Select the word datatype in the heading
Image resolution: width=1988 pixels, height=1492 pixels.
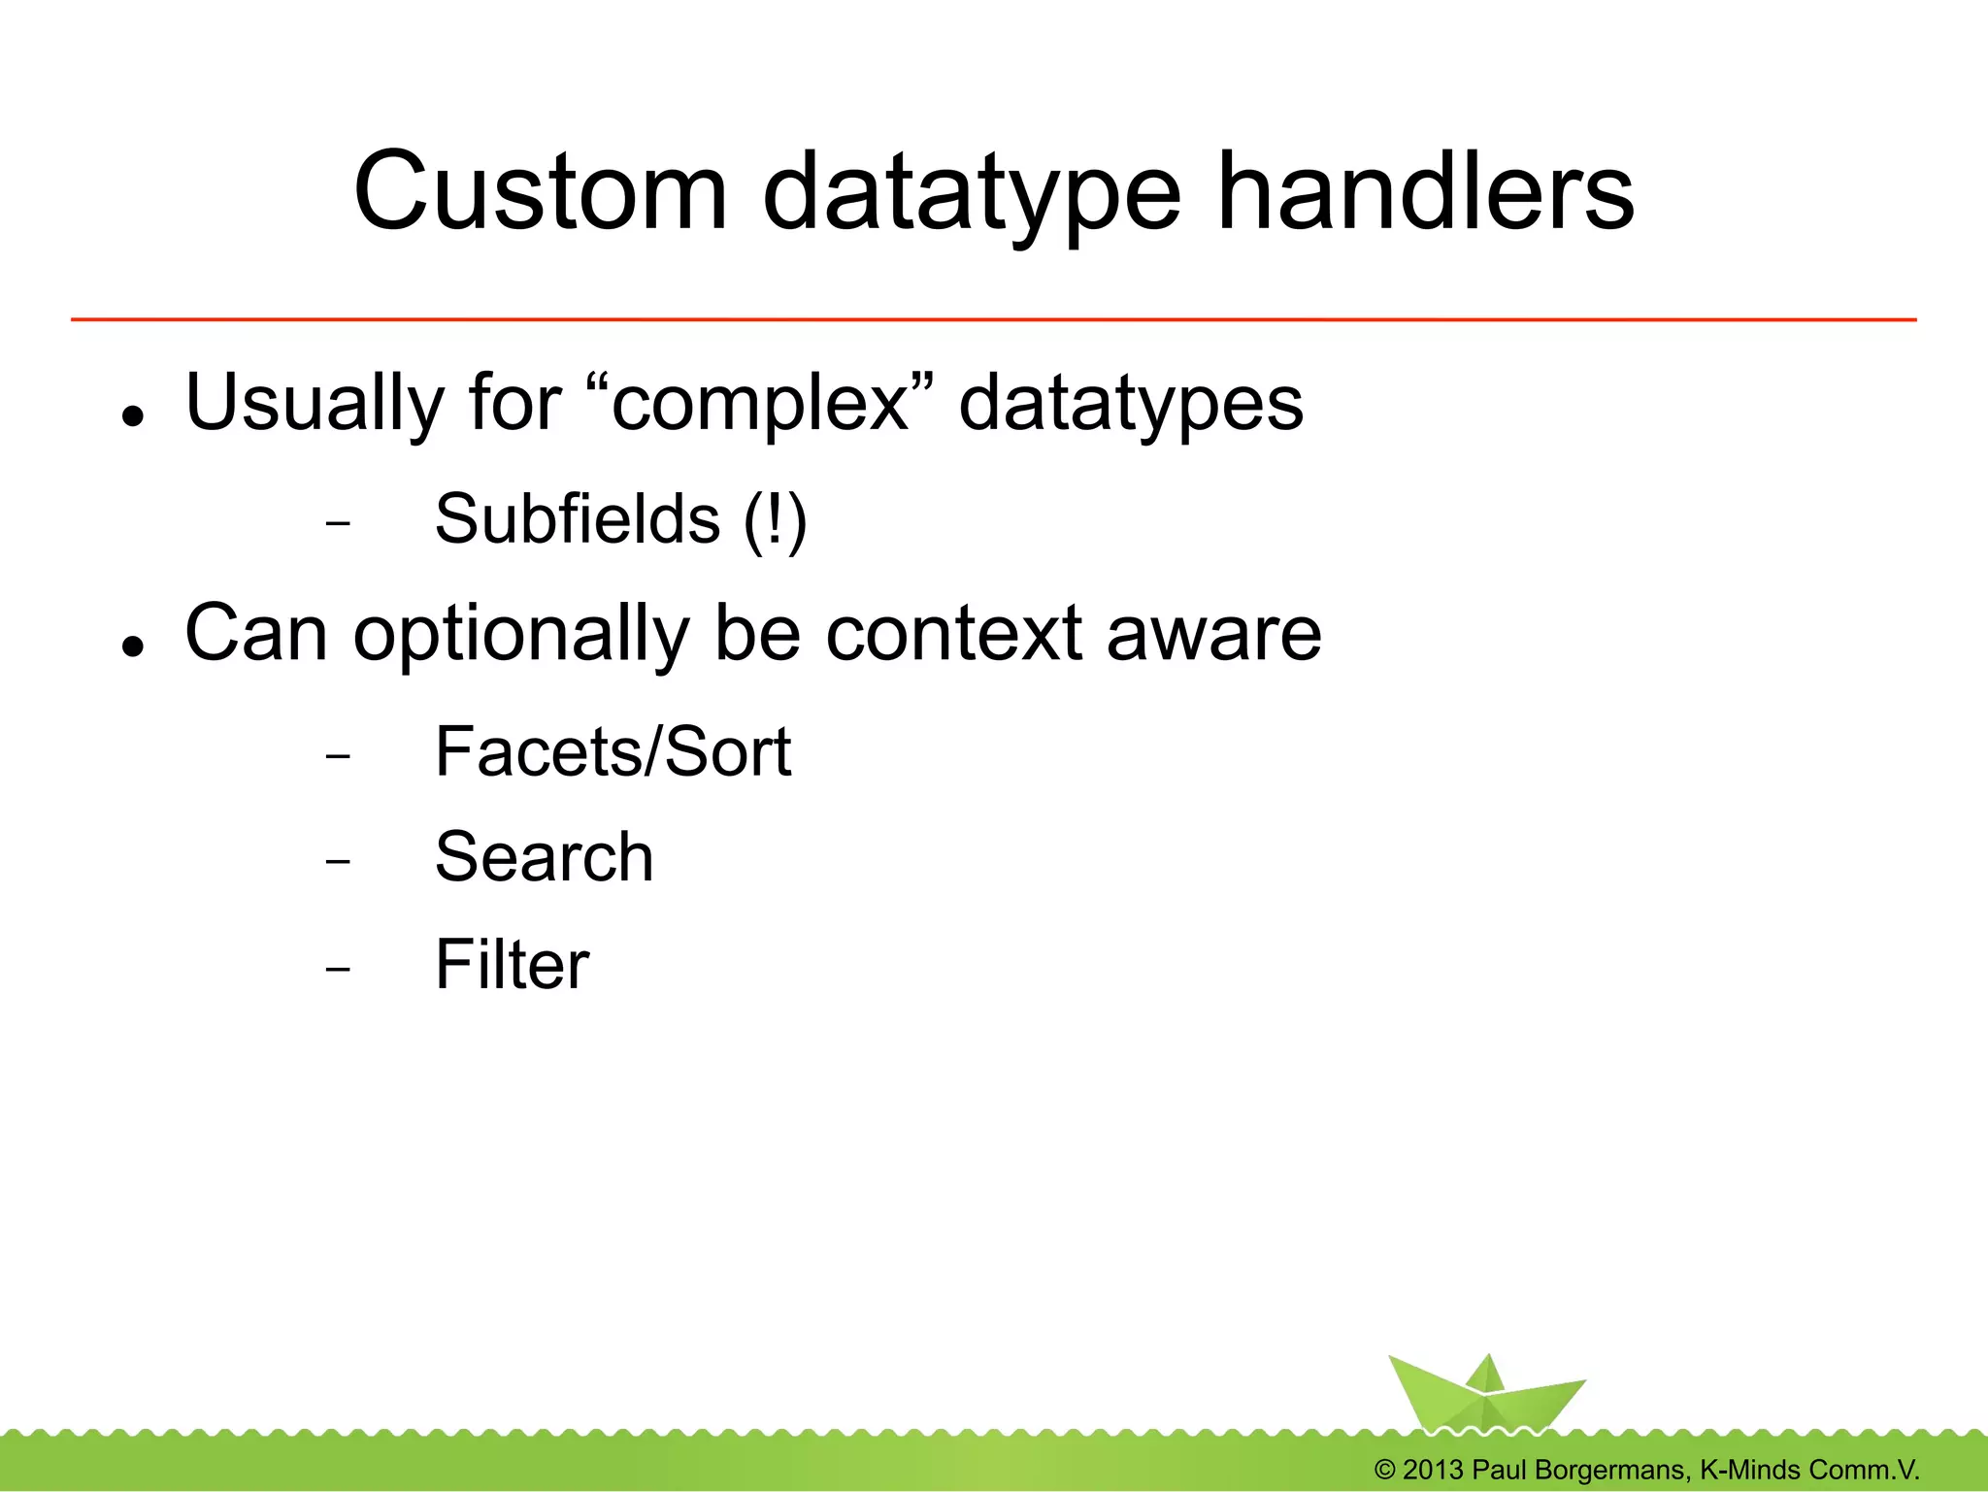point(972,194)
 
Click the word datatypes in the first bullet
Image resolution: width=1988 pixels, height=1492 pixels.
point(1131,404)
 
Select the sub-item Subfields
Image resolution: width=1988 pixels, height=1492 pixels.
point(578,518)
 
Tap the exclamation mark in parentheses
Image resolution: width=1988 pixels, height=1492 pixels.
point(776,520)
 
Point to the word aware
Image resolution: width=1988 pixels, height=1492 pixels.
point(1213,634)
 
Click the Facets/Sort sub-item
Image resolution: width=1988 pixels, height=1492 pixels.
point(613,751)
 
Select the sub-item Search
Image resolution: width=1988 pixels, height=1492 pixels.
point(544,857)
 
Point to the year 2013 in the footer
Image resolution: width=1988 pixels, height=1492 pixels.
point(1432,1470)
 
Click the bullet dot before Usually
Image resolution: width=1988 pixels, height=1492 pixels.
point(133,416)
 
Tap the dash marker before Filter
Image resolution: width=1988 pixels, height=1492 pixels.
point(338,969)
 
